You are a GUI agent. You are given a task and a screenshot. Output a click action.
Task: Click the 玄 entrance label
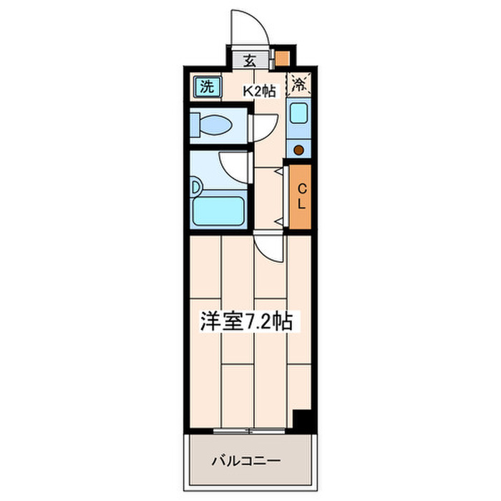(x=250, y=60)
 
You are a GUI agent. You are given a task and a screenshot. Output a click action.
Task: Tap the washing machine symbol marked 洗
(x=206, y=88)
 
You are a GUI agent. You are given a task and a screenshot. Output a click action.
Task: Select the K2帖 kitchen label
(x=258, y=91)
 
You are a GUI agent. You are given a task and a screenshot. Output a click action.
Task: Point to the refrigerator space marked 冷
(x=298, y=84)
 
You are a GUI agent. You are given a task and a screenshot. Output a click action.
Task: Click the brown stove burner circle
(x=298, y=150)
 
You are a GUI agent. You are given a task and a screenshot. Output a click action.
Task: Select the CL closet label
(x=301, y=196)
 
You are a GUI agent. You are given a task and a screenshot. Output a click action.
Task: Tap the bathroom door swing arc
(x=233, y=166)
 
